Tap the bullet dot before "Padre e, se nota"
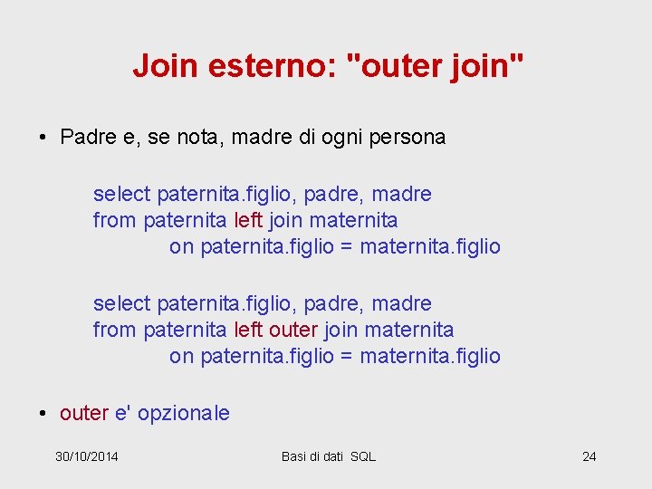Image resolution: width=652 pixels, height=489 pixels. pos(43,139)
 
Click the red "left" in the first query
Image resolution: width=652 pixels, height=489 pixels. pos(248,220)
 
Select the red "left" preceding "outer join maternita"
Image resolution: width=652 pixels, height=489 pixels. pos(248,330)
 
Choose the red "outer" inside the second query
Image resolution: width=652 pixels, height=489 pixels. pos(293,330)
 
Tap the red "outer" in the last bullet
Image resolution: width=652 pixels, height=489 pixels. pos(84,414)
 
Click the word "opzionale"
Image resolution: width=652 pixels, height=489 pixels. pos(184,414)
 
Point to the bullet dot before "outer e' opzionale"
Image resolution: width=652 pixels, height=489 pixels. pos(43,415)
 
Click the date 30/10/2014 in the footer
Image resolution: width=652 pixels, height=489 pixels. pos(87,456)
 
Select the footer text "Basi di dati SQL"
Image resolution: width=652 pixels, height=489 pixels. pos(328,456)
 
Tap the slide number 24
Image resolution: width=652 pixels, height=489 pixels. pos(589,456)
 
